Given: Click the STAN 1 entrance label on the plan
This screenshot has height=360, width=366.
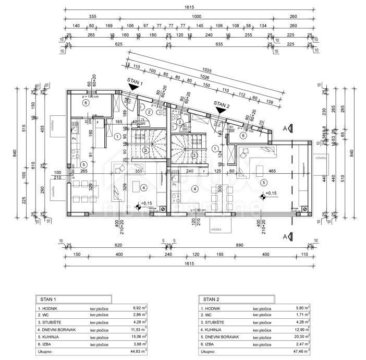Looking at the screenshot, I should point(135,81).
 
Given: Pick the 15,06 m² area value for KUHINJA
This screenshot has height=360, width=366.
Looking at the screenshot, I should point(139,337).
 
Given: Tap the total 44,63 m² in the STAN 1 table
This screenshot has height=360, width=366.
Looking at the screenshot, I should point(139,352).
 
